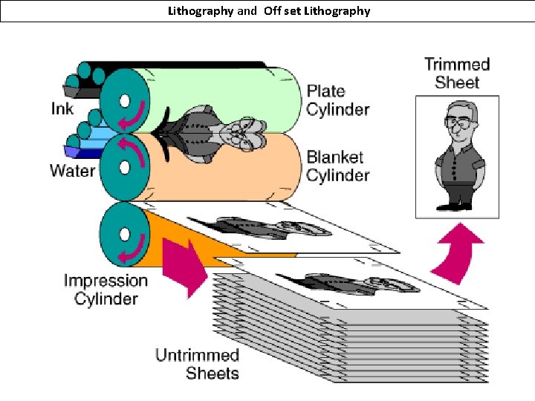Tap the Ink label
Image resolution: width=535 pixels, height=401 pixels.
[x=62, y=108]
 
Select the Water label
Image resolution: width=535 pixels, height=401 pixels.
[x=72, y=171]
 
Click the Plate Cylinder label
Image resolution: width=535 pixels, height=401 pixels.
[x=337, y=100]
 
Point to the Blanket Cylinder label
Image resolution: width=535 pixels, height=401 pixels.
[x=337, y=166]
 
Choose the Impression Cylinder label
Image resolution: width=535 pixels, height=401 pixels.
[x=106, y=290]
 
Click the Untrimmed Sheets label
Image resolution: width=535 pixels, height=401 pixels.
[x=197, y=364]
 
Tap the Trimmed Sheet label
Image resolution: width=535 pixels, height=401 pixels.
[x=457, y=74]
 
